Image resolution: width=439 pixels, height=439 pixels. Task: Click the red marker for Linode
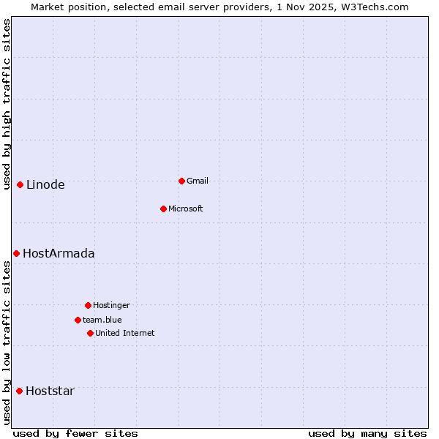pyautogui.click(x=20, y=184)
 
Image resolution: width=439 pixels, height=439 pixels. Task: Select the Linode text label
pyautogui.click(x=45, y=185)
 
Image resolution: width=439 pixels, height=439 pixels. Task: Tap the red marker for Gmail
pyautogui.click(x=181, y=181)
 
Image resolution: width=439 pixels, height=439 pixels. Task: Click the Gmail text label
pyautogui.click(x=198, y=181)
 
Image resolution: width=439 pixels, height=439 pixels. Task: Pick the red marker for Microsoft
pyautogui.click(x=163, y=209)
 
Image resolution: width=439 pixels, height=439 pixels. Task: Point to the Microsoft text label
pyautogui.click(x=185, y=209)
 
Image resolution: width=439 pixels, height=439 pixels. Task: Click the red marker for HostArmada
pyautogui.click(x=16, y=253)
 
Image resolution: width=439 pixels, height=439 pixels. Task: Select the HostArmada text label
pyautogui.click(x=59, y=254)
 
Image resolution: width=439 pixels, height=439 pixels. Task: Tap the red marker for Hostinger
pyautogui.click(x=88, y=305)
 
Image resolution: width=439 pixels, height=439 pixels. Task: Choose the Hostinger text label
pyautogui.click(x=111, y=306)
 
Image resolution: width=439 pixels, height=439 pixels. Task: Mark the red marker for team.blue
pyautogui.click(x=78, y=320)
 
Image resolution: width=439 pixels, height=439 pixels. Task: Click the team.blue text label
pyautogui.click(x=102, y=320)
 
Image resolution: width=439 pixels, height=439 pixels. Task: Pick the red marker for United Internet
pyautogui.click(x=90, y=333)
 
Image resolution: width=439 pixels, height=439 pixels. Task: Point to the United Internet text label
pyautogui.click(x=124, y=334)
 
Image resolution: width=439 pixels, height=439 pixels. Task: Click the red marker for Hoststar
pyautogui.click(x=19, y=391)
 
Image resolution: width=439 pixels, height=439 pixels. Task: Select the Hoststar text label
pyautogui.click(x=50, y=391)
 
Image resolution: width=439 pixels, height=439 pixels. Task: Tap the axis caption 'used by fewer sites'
pyautogui.click(x=75, y=433)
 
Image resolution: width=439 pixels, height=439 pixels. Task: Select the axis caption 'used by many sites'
pyautogui.click(x=367, y=433)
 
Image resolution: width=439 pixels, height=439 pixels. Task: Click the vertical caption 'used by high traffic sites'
pyautogui.click(x=7, y=104)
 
